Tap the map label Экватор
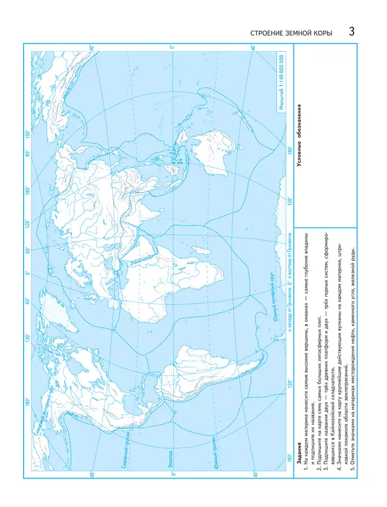pyautogui.click(x=172, y=423)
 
